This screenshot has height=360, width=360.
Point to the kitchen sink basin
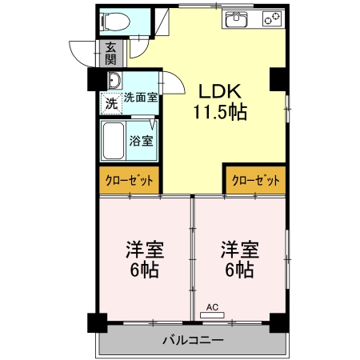237,18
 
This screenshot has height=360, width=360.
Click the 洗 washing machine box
111,102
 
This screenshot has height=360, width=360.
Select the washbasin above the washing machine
112,82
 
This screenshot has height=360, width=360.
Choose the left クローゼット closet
130,181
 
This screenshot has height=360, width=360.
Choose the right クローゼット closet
255,181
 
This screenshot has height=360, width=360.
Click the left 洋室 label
142,248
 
